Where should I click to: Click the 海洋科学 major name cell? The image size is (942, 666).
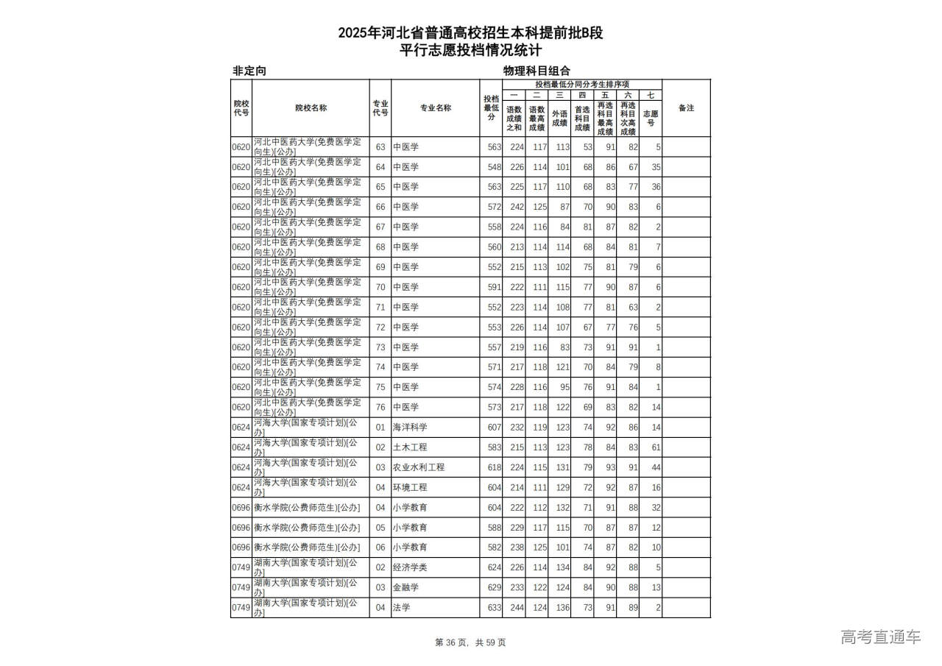pos(410,427)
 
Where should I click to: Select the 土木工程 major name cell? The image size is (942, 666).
pos(410,447)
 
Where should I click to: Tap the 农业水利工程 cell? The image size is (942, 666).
pos(418,467)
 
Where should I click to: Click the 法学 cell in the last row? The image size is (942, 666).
pos(401,607)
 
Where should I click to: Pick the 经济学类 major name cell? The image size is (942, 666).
pos(410,567)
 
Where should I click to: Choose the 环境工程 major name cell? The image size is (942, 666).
pos(410,487)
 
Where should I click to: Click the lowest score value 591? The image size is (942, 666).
pos(494,287)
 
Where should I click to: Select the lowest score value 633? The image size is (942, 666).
pos(494,607)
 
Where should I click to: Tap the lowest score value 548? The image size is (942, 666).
pos(494,167)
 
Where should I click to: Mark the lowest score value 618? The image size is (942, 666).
pos(494,467)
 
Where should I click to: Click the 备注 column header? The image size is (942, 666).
pos(686,108)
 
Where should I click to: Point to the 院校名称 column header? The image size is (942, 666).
pos(311,108)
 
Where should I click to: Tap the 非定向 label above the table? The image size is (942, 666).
pos(249,71)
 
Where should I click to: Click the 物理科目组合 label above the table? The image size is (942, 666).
pos(536,71)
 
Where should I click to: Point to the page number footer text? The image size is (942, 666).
pos(471,642)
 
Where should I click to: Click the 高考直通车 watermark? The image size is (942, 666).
pos(880,637)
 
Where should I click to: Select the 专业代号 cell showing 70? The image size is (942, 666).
pos(380,287)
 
